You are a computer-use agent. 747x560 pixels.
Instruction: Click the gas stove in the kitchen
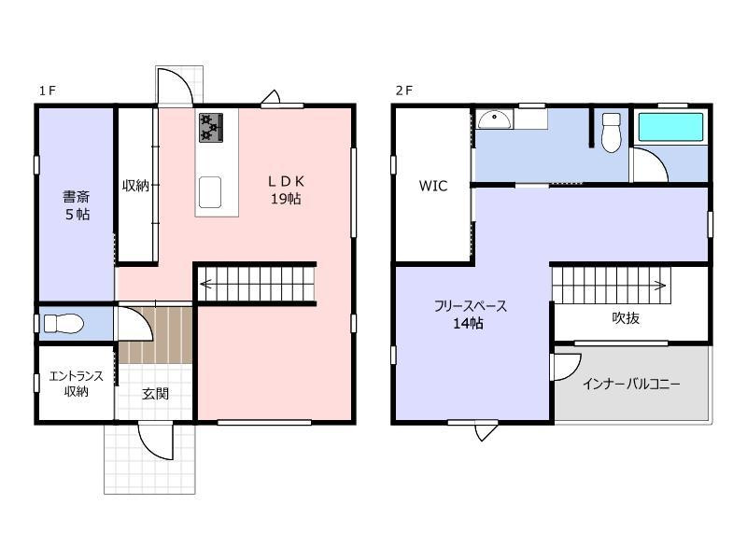coord(211,127)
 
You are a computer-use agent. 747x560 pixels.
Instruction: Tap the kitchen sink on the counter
coord(209,192)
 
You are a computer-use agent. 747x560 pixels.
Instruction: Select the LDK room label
coord(286,189)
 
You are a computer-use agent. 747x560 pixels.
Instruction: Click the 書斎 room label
coord(77,205)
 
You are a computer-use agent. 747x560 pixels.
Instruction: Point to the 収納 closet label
coord(135,185)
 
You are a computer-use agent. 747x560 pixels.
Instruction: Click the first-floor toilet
coord(63,324)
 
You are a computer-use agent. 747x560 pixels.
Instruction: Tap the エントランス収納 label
coord(77,384)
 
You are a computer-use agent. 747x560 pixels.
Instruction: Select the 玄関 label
coord(155,394)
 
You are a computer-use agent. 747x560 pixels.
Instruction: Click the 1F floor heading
coord(48,91)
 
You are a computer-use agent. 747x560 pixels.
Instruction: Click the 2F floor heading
coord(404,91)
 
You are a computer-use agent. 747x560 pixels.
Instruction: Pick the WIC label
coord(433,186)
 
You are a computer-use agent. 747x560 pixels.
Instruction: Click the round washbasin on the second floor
coord(495,119)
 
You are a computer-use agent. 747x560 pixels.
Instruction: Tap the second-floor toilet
coord(612,133)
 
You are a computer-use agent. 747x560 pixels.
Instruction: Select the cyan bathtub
coord(670,127)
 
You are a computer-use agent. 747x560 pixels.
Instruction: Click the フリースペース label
coord(471,306)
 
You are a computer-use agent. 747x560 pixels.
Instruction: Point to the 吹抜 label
coord(626,317)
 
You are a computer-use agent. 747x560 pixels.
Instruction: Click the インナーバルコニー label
coord(631,384)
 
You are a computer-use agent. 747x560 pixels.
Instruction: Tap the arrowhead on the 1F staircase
coord(205,285)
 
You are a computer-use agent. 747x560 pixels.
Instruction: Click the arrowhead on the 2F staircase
coord(661,286)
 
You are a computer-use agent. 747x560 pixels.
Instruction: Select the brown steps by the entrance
coord(155,335)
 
